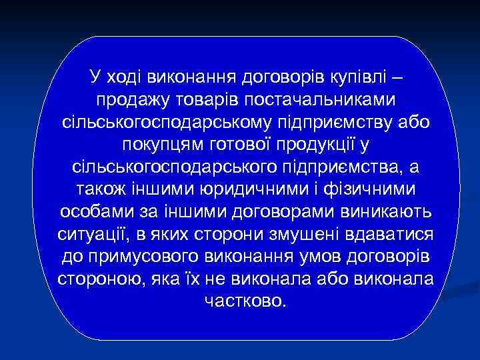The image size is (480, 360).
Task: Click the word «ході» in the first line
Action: tap(123, 78)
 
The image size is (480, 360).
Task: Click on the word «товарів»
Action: tap(209, 101)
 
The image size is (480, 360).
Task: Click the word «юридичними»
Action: tap(245, 190)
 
